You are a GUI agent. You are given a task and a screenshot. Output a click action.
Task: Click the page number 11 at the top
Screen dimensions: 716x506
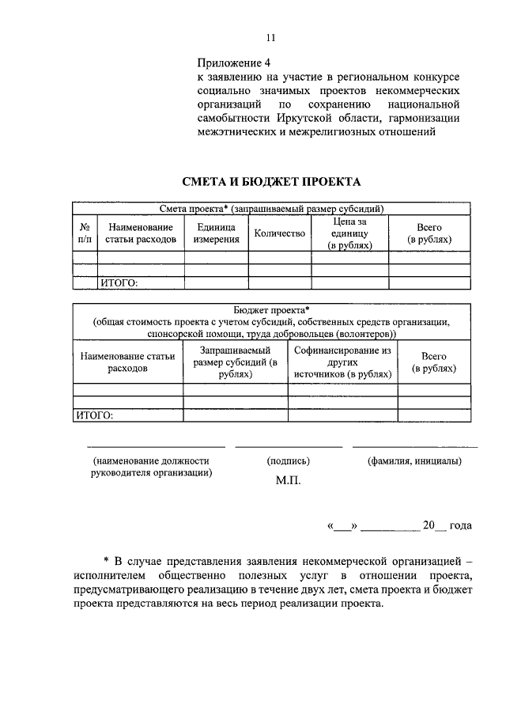tap(270, 37)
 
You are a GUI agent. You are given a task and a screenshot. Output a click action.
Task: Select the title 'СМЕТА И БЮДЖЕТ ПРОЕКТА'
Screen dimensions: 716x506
tap(271, 182)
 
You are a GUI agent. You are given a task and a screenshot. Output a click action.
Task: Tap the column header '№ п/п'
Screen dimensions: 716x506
tap(85, 233)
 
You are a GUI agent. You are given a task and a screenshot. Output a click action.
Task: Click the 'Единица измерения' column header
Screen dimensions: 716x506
tap(217, 233)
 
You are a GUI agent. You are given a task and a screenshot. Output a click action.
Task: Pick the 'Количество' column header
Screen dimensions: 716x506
tap(279, 233)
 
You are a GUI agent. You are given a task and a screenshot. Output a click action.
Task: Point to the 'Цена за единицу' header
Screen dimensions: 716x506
tap(349, 233)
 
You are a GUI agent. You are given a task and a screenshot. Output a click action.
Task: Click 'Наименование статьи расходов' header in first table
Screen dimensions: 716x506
tap(141, 233)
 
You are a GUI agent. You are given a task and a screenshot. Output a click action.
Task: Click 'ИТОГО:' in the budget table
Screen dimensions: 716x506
tap(94, 414)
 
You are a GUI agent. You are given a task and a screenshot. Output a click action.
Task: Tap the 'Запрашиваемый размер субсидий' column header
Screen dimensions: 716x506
tap(235, 362)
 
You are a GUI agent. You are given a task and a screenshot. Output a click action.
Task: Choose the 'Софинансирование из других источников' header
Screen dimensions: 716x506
tap(342, 362)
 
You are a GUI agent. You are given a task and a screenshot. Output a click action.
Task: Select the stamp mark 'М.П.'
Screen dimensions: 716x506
tap(288, 479)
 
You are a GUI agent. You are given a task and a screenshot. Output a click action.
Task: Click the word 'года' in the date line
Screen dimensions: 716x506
tap(461, 525)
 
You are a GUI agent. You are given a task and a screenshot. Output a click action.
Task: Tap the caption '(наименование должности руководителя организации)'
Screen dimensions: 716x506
tap(151, 467)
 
